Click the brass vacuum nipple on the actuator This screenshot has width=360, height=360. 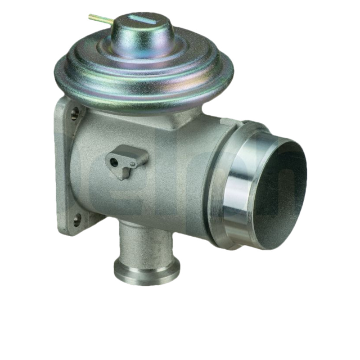coord(97,18)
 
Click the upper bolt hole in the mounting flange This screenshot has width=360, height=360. coord(75,112)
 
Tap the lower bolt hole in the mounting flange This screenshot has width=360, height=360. coord(77,220)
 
